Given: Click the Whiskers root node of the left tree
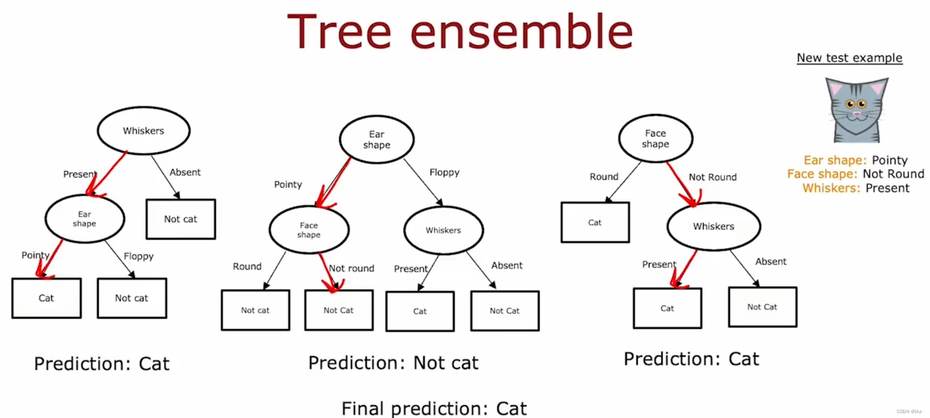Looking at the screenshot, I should click(x=144, y=131).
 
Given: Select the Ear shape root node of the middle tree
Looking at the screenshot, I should click(x=376, y=139).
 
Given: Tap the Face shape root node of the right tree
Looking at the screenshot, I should click(x=655, y=139).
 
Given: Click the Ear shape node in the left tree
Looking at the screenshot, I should click(x=84, y=219).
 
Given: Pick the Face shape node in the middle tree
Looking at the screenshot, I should click(x=309, y=230).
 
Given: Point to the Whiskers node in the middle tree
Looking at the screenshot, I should click(x=443, y=230).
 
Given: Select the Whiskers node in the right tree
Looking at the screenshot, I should click(x=713, y=226).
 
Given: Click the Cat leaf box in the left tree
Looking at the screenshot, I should click(x=46, y=298).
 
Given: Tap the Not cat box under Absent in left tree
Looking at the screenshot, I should click(x=181, y=219).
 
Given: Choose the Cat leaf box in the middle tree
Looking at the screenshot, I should click(x=420, y=311).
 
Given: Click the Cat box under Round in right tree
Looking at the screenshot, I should click(x=595, y=222).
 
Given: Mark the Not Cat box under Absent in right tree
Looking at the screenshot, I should click(x=762, y=307).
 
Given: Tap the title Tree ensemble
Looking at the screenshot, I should click(x=460, y=32).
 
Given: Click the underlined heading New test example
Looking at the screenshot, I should click(x=849, y=58).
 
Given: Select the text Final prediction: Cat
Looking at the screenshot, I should click(x=434, y=408).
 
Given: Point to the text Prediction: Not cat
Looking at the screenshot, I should click(x=393, y=363).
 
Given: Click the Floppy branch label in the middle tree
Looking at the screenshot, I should click(x=444, y=172).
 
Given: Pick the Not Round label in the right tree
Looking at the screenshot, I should click(x=712, y=177).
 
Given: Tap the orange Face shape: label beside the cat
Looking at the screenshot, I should click(x=822, y=174).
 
